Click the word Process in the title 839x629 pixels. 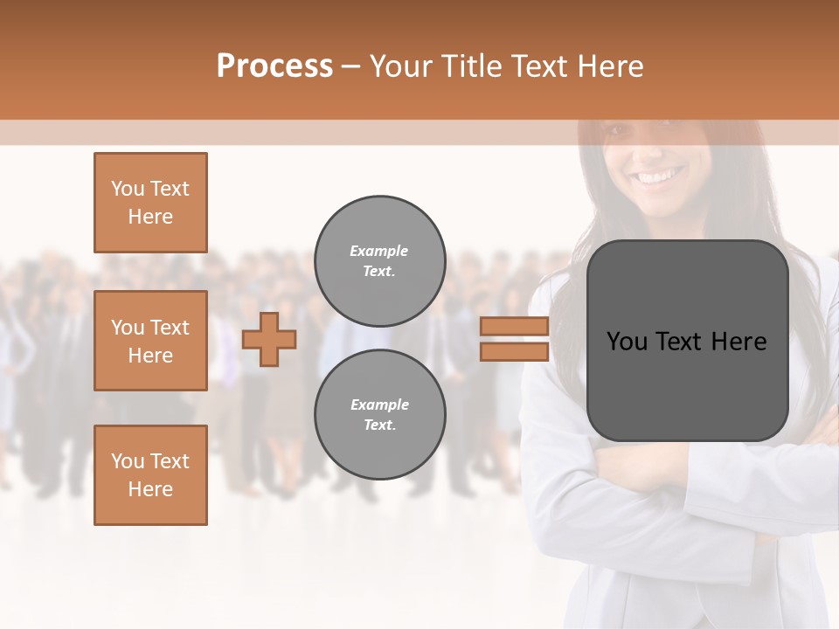point(274,66)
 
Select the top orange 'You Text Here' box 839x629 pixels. point(150,203)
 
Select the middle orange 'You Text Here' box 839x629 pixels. point(150,341)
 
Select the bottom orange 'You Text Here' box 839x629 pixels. point(150,475)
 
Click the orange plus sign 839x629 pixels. point(268,340)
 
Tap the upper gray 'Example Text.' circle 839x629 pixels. point(379,261)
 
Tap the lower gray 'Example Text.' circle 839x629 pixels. point(379,415)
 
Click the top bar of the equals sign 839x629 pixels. point(515,327)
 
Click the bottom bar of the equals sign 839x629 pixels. point(515,352)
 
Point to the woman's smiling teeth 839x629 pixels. point(661,177)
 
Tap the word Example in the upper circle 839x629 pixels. point(379,251)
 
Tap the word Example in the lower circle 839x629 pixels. point(379,404)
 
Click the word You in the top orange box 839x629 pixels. point(128,189)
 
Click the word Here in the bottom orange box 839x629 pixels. point(150,489)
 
